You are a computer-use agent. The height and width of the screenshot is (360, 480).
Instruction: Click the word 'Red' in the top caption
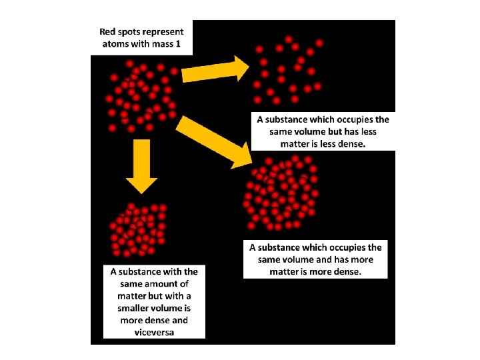(x=109, y=31)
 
